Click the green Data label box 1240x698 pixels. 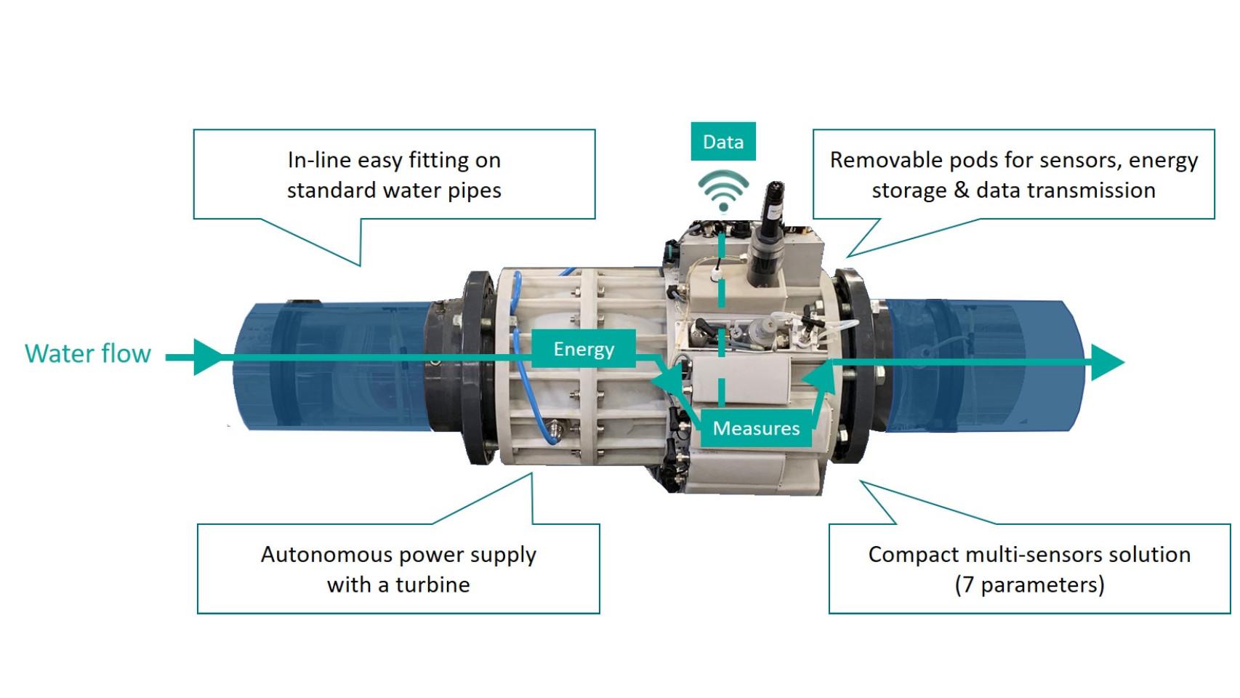click(x=722, y=142)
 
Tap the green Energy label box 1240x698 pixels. click(x=584, y=349)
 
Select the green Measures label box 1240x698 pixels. click(x=756, y=428)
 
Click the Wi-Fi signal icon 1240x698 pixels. click(x=722, y=190)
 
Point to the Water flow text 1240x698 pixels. click(x=88, y=353)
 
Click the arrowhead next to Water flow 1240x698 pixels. click(x=208, y=357)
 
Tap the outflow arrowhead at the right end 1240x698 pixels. click(x=1107, y=362)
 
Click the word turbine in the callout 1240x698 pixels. click(x=432, y=585)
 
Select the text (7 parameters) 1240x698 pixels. click(x=1029, y=585)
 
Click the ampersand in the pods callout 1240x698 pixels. click(x=961, y=190)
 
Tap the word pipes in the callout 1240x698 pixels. click(x=474, y=190)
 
